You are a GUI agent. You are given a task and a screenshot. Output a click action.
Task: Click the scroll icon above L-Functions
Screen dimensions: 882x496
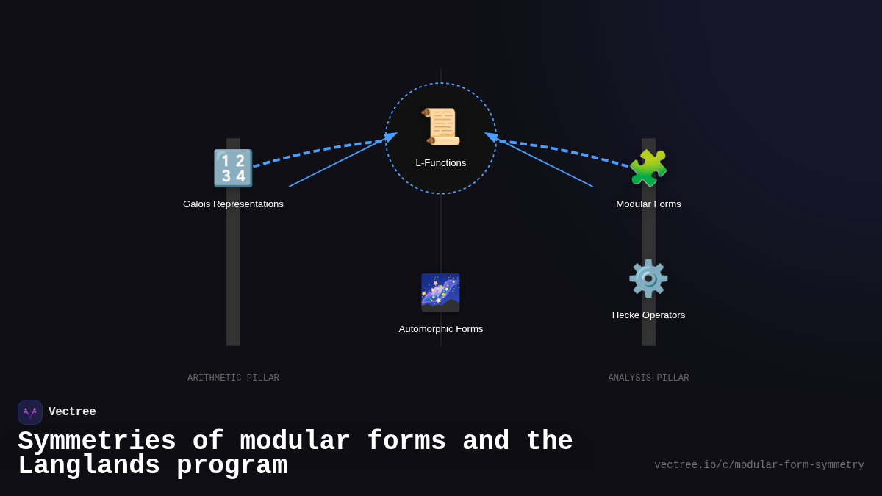[441, 126]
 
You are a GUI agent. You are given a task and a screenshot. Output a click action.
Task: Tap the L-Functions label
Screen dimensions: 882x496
[441, 163]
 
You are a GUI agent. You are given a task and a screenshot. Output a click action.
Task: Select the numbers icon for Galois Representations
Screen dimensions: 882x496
[233, 168]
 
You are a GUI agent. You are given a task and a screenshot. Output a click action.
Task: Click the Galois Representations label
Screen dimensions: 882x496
[233, 204]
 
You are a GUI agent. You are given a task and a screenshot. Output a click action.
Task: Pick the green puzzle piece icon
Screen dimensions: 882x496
[648, 168]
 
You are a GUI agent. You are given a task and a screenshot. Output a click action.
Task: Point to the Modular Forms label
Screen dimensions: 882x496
[648, 204]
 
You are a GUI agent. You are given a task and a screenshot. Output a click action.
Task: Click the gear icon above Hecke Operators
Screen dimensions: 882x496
[648, 278]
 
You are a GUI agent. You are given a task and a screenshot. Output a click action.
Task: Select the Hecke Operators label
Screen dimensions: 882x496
[648, 315]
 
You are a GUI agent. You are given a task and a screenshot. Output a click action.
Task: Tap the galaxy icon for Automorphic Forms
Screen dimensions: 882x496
[441, 292]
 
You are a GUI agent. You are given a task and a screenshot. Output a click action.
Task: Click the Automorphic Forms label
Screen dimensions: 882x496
[441, 329]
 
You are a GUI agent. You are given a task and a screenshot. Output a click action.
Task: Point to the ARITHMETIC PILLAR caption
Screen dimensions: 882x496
[233, 378]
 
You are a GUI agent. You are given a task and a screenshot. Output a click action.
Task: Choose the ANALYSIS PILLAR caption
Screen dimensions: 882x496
[648, 378]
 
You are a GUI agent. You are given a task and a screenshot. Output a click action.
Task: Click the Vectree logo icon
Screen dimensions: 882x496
[30, 412]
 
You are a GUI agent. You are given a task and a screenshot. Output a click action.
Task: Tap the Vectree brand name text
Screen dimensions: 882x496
[72, 412]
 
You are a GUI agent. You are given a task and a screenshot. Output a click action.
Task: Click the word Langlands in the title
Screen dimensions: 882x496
[89, 466]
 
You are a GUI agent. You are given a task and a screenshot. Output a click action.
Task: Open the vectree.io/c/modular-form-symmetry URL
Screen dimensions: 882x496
[759, 465]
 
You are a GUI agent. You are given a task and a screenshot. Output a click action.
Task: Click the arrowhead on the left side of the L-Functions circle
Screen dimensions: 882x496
[391, 137]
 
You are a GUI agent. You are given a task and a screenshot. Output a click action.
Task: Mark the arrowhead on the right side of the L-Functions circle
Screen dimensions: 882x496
[491, 137]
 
